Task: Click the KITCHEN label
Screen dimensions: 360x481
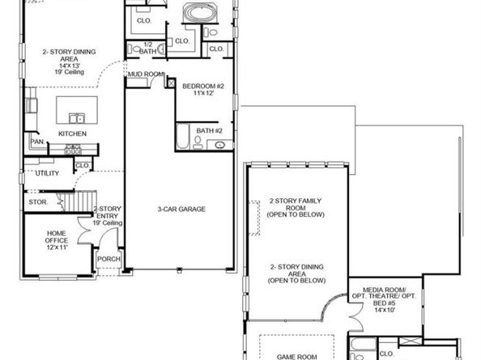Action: (x=72, y=133)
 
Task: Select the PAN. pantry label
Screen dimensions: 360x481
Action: (x=37, y=142)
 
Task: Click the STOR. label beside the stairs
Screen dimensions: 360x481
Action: (x=37, y=200)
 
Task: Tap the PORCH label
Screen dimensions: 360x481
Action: (x=109, y=260)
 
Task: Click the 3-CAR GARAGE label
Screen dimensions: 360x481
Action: (x=181, y=210)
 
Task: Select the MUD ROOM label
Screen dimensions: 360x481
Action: (x=143, y=74)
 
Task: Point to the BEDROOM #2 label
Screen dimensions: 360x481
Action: (x=202, y=86)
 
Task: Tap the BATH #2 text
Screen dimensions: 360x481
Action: (x=209, y=129)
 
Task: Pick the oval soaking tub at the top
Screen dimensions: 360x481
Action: (x=197, y=14)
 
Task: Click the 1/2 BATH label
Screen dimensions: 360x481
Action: (x=148, y=48)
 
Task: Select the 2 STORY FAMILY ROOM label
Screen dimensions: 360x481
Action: (x=297, y=207)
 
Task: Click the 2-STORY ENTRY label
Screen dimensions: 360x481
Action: (x=108, y=214)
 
